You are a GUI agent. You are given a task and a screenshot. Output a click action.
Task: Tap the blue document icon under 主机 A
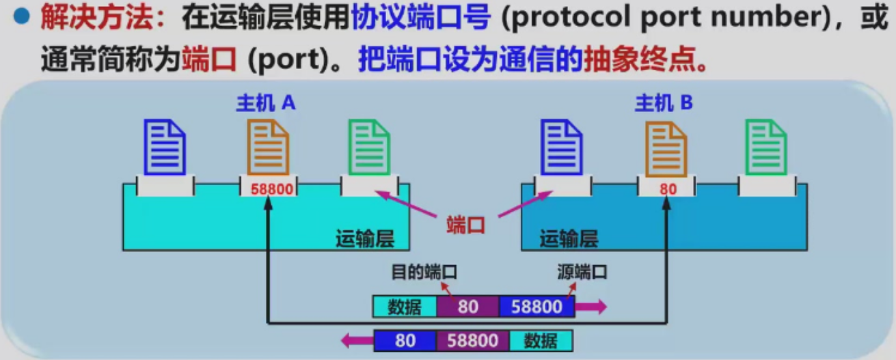coord(164,146)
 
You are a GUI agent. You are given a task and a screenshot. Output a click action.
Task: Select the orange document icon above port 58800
coord(268,146)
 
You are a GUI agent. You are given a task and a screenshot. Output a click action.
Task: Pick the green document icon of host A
coord(369,146)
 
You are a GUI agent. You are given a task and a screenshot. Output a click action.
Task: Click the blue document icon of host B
coord(561,146)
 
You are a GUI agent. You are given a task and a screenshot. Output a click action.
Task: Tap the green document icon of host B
coord(766,146)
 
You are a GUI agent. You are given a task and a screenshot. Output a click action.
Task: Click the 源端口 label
coord(582,272)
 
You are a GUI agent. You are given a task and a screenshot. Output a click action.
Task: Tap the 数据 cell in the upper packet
coord(405,307)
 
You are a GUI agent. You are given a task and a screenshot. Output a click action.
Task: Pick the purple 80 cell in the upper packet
coord(468,307)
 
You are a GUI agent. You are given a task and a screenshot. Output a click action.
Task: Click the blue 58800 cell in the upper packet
coord(537,307)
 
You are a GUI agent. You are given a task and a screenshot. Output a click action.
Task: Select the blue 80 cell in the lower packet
coord(405,340)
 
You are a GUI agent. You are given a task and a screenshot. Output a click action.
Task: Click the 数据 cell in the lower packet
coord(540,340)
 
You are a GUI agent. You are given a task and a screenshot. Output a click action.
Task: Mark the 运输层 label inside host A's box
coord(364,238)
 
